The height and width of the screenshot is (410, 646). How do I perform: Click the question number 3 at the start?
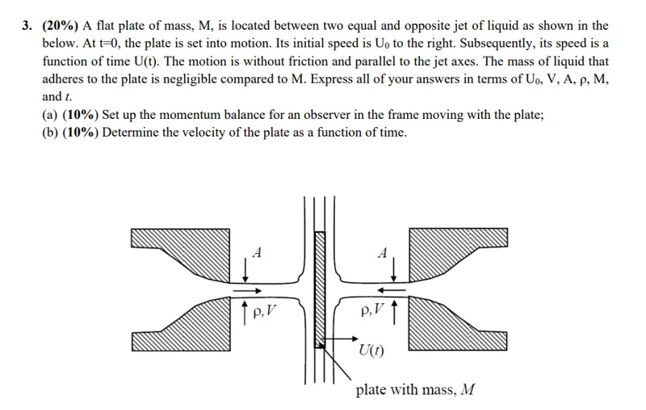pos(27,26)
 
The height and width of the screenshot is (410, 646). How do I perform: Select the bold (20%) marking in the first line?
pos(60,26)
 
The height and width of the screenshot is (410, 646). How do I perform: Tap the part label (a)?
pos(50,115)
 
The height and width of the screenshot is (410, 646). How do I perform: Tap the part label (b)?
pos(50,133)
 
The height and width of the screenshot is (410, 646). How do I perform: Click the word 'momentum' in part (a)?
pos(191,115)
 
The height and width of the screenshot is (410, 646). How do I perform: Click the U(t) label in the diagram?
pos(371,350)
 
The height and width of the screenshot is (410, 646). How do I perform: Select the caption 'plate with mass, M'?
pos(415,390)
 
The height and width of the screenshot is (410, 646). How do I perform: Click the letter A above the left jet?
pos(257,252)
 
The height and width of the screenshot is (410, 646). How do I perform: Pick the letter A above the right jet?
pos(383,252)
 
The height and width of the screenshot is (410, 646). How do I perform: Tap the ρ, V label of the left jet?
pos(264,311)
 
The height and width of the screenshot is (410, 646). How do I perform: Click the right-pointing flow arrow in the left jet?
pos(247,291)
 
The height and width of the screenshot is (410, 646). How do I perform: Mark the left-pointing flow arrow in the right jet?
pos(392,290)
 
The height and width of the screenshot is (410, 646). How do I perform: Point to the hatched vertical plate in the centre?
pos(320,290)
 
